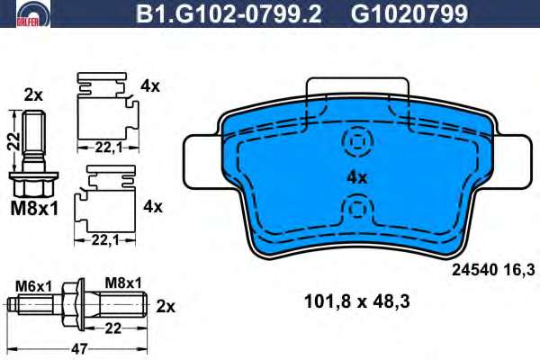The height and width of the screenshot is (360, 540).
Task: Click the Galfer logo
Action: [32, 13]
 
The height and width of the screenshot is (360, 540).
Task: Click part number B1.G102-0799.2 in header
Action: [229, 13]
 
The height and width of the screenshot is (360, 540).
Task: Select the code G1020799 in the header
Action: [409, 13]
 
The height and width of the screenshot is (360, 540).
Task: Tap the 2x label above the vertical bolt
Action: [33, 95]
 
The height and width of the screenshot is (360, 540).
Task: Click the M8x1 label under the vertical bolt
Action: [34, 209]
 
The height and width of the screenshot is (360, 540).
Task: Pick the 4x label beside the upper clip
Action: [150, 86]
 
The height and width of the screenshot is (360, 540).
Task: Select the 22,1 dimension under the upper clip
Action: [109, 148]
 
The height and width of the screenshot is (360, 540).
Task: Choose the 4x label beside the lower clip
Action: [153, 207]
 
